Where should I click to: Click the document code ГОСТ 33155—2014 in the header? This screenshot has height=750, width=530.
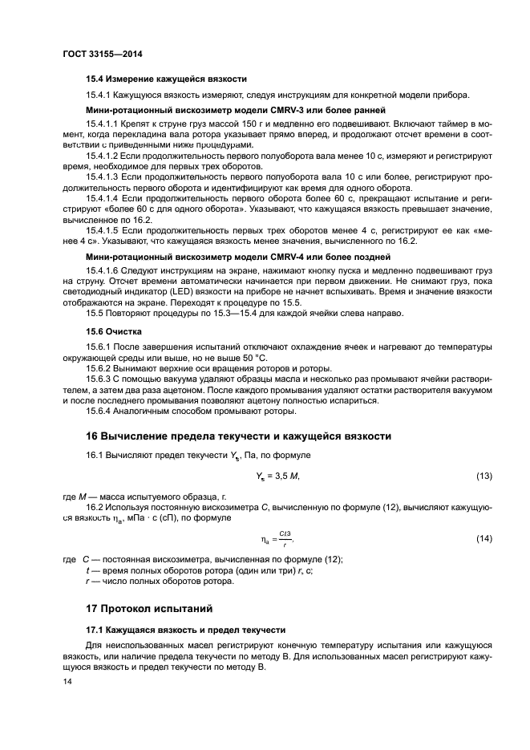97,55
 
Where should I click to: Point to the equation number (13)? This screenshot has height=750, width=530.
483,476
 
